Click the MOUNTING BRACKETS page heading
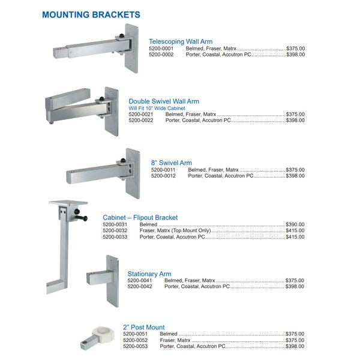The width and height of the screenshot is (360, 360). [x=91, y=14]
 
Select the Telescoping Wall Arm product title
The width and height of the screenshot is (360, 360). [x=180, y=41]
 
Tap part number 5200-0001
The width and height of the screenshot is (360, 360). [x=161, y=48]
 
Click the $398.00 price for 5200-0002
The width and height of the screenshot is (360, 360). [x=295, y=55]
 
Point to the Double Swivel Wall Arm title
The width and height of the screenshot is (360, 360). [x=164, y=101]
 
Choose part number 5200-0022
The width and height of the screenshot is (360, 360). [x=141, y=121]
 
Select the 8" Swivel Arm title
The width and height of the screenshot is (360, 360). [x=172, y=163]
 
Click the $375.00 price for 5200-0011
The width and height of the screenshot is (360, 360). [x=295, y=170]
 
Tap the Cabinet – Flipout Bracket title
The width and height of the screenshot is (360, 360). [x=140, y=217]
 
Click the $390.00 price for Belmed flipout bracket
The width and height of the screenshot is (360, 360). [x=295, y=224]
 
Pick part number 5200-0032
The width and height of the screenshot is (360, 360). [x=115, y=231]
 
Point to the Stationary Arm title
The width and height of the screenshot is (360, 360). [x=149, y=274]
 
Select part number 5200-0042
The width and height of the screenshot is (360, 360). [x=139, y=287]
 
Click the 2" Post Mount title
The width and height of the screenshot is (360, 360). [x=144, y=327]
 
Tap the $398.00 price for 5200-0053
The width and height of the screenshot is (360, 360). [x=295, y=346]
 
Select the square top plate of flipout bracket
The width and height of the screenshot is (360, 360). [x=68, y=204]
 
